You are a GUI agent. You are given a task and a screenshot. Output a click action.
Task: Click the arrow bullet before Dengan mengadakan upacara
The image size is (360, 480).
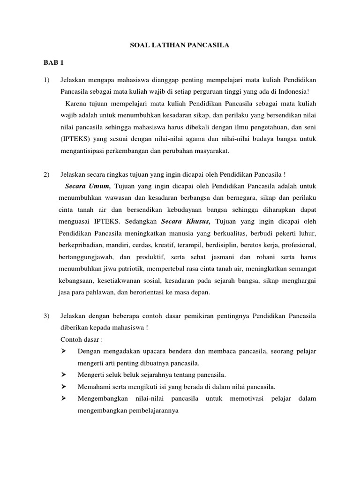click(x=64, y=351)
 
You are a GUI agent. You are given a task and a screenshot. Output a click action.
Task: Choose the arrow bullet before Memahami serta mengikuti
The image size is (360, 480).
click(x=64, y=387)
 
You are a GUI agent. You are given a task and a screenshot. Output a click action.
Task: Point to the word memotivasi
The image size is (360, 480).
click(x=247, y=398)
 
